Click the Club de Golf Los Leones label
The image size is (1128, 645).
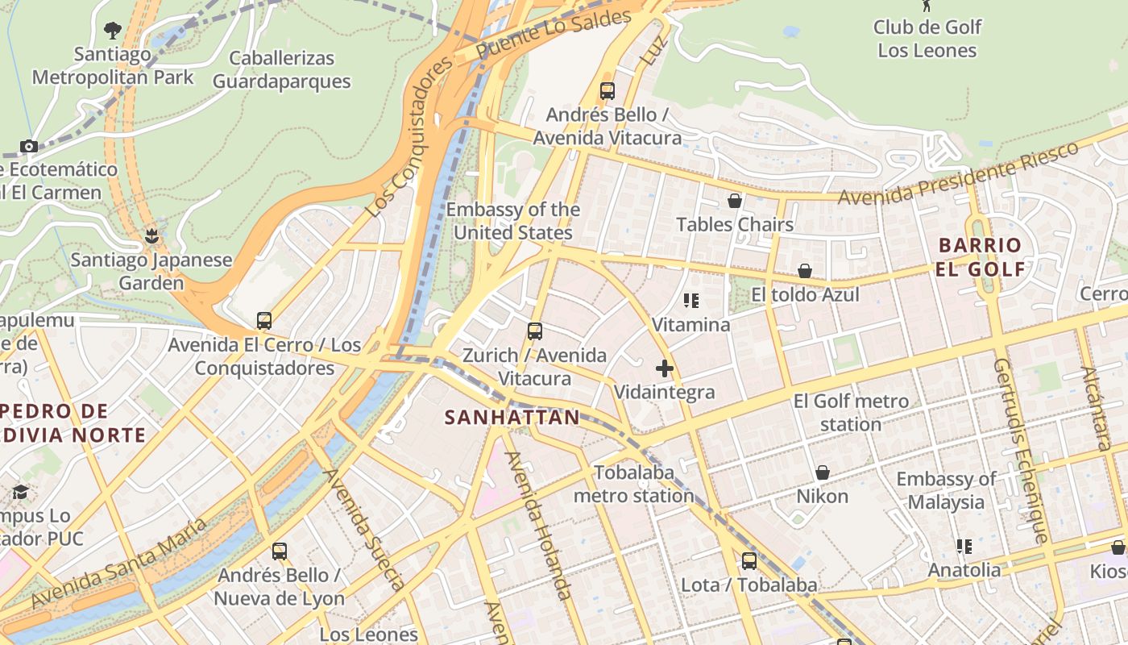tap(927, 39)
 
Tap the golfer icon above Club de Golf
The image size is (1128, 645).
tap(927, 5)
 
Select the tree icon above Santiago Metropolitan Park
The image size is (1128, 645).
tap(113, 31)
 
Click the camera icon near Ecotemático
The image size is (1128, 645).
tap(29, 146)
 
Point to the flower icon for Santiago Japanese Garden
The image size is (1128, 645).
tap(151, 236)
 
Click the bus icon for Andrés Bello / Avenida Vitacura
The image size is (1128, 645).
tap(608, 91)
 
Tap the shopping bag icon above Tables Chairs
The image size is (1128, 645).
tap(735, 201)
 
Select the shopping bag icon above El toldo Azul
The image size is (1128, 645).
tap(804, 271)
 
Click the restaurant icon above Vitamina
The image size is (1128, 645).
tap(690, 301)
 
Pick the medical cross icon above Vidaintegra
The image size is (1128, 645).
tap(665, 368)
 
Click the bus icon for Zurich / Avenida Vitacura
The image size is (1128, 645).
tap(534, 331)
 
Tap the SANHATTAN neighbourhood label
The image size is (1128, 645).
tap(512, 417)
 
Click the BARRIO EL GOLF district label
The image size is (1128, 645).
tap(981, 257)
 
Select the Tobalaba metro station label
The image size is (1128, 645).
tap(633, 484)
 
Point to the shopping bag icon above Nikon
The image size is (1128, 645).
tap(823, 472)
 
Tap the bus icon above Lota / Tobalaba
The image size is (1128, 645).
tap(749, 561)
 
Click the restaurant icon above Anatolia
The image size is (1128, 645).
tap(964, 547)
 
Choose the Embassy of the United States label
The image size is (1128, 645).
tap(512, 221)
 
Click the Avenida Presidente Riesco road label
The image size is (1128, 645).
tap(958, 174)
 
